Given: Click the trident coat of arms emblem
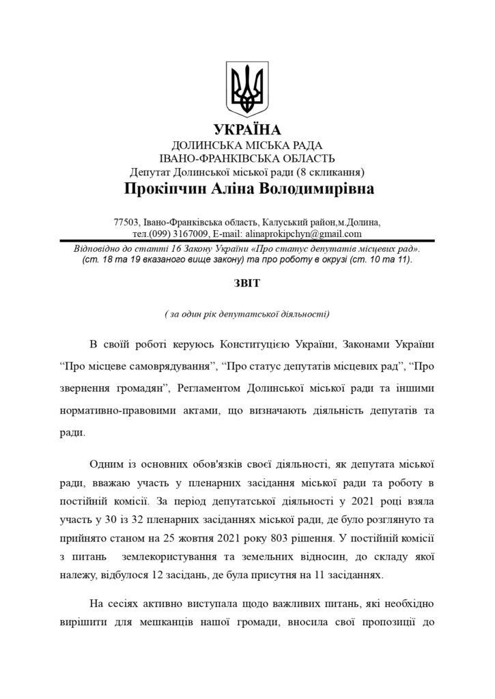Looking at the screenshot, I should (x=247, y=88).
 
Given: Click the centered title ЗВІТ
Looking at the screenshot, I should (x=247, y=281).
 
